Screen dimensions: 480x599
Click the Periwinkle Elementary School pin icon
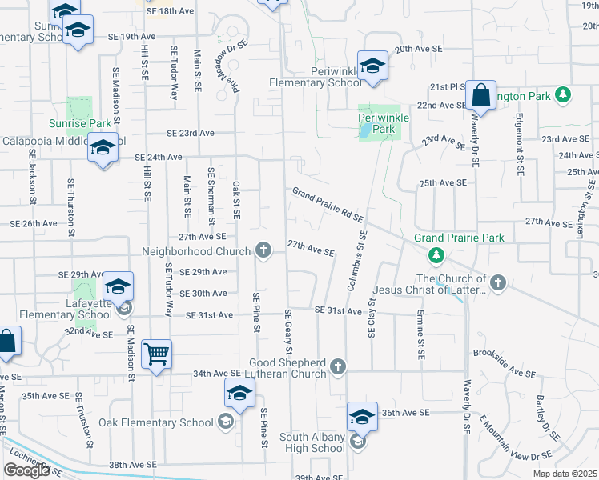tap(372, 66)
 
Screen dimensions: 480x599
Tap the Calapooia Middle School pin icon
tap(103, 148)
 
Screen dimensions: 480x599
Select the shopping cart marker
tap(156, 354)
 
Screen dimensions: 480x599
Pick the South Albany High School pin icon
tap(362, 418)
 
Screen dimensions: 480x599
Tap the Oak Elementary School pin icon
tap(239, 394)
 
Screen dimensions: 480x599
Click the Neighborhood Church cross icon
tap(263, 250)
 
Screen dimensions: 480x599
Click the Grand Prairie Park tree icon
tap(436, 256)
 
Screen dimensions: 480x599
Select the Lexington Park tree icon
tap(564, 95)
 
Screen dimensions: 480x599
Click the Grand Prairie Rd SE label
tap(328, 205)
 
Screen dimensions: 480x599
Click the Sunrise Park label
tap(79, 124)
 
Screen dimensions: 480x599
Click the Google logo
tap(26, 470)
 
